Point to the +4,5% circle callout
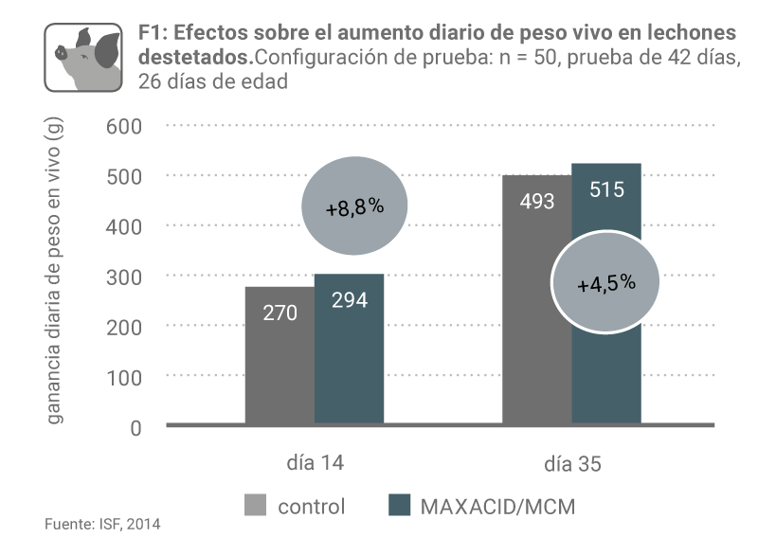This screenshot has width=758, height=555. coord(605,283)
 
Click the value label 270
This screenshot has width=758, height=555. coord(280,311)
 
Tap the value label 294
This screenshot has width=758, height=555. coord(349,300)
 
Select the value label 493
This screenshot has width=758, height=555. coord(536,201)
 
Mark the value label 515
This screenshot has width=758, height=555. coord(606,189)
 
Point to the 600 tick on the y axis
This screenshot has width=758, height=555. coord(123,126)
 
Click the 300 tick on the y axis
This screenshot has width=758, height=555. coord(123,277)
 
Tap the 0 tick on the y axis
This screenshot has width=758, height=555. coord(135,427)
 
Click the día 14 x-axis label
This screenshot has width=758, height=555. coord(315,464)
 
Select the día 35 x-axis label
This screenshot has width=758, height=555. coord(572,465)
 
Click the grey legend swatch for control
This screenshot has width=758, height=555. coord(255,506)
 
